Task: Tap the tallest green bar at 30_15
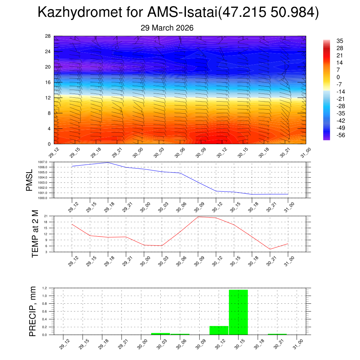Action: click(238, 312)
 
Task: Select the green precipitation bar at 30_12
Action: click(219, 330)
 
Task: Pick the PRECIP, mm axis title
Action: click(33, 311)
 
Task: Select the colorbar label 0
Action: click(338, 77)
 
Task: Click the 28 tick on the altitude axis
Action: click(48, 36)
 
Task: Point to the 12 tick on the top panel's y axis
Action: click(48, 98)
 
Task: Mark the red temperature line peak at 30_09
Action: click(198, 217)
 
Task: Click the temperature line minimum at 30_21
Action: click(270, 249)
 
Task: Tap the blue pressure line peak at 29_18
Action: click(108, 162)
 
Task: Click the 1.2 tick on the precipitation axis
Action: click(45, 288)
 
